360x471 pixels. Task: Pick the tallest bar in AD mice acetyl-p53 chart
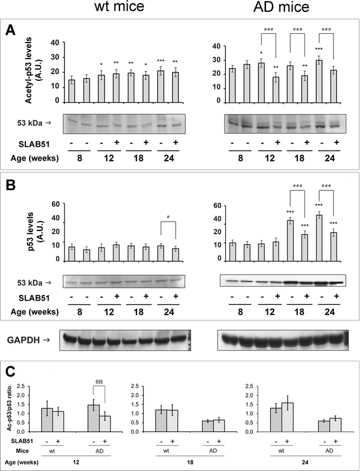pyautogui.click(x=320, y=80)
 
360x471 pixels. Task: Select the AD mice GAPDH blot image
pyautogui.click(x=280, y=340)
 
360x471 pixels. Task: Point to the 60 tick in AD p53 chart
pyautogui.click(x=216, y=206)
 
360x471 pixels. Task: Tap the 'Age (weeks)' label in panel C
pyautogui.click(x=27, y=464)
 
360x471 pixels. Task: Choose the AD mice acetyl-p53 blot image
pyautogui.click(x=280, y=124)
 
